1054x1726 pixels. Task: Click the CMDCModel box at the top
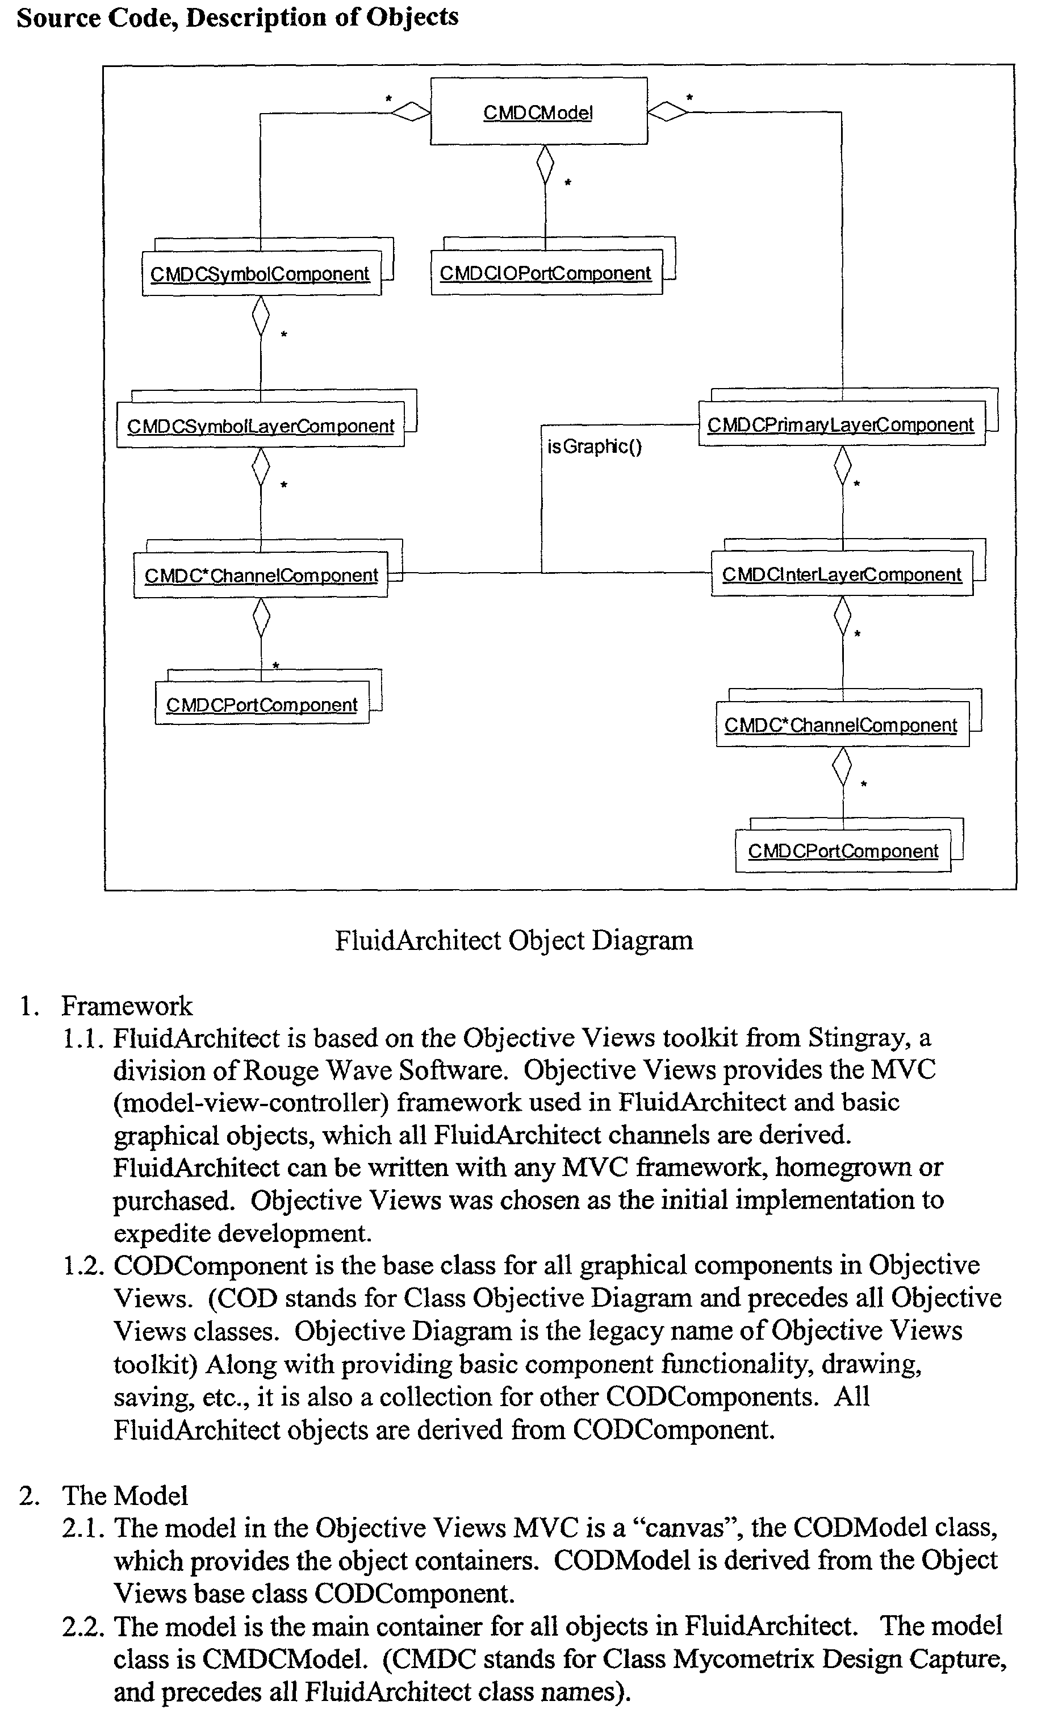tap(538, 111)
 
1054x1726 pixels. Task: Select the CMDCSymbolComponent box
tap(261, 274)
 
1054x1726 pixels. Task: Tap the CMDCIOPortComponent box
tap(546, 273)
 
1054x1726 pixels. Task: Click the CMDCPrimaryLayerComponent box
tap(840, 424)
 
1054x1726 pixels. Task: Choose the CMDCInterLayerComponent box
tap(841, 574)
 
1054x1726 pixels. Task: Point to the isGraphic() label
tap(594, 446)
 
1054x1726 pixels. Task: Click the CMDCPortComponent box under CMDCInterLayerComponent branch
tap(843, 851)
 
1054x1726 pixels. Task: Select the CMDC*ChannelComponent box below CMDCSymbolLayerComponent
tap(261, 575)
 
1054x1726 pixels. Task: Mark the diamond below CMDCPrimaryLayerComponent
tap(843, 466)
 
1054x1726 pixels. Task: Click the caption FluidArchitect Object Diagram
tap(513, 940)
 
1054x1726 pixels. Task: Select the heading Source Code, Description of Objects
tap(237, 17)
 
